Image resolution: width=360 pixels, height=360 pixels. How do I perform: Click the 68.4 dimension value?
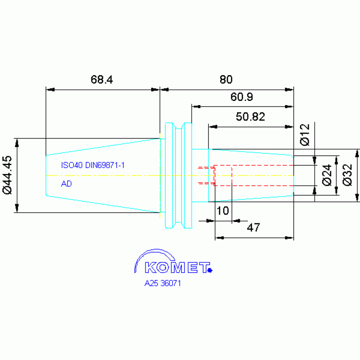[102, 79]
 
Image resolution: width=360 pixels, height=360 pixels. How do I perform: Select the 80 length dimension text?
[226, 79]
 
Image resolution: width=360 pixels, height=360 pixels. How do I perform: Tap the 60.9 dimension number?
[242, 97]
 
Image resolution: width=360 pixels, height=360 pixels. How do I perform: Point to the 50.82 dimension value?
[251, 116]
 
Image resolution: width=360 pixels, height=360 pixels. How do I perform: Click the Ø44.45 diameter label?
[7, 175]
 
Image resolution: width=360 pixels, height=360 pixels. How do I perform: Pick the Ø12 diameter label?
[305, 135]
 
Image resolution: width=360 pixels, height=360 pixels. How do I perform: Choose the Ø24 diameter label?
[327, 175]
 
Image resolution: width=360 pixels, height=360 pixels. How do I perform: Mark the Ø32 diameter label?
[347, 175]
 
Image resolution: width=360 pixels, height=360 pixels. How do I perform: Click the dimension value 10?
[222, 211]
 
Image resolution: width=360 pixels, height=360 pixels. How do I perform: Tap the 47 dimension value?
[253, 228]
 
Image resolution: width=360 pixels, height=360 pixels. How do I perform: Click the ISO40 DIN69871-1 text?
[93, 165]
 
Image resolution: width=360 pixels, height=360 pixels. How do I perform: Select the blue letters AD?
[66, 184]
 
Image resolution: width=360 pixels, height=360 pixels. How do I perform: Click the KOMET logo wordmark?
[177, 268]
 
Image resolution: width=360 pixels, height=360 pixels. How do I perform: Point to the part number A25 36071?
[162, 283]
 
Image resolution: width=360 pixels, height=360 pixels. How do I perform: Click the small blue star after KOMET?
[210, 270]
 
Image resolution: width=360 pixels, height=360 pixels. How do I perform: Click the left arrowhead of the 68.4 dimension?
[50, 90]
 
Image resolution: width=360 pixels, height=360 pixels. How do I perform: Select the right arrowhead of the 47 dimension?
[289, 238]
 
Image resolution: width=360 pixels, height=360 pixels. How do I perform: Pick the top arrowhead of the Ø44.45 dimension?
[17, 143]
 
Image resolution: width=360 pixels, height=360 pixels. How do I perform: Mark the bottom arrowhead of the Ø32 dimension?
[357, 198]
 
